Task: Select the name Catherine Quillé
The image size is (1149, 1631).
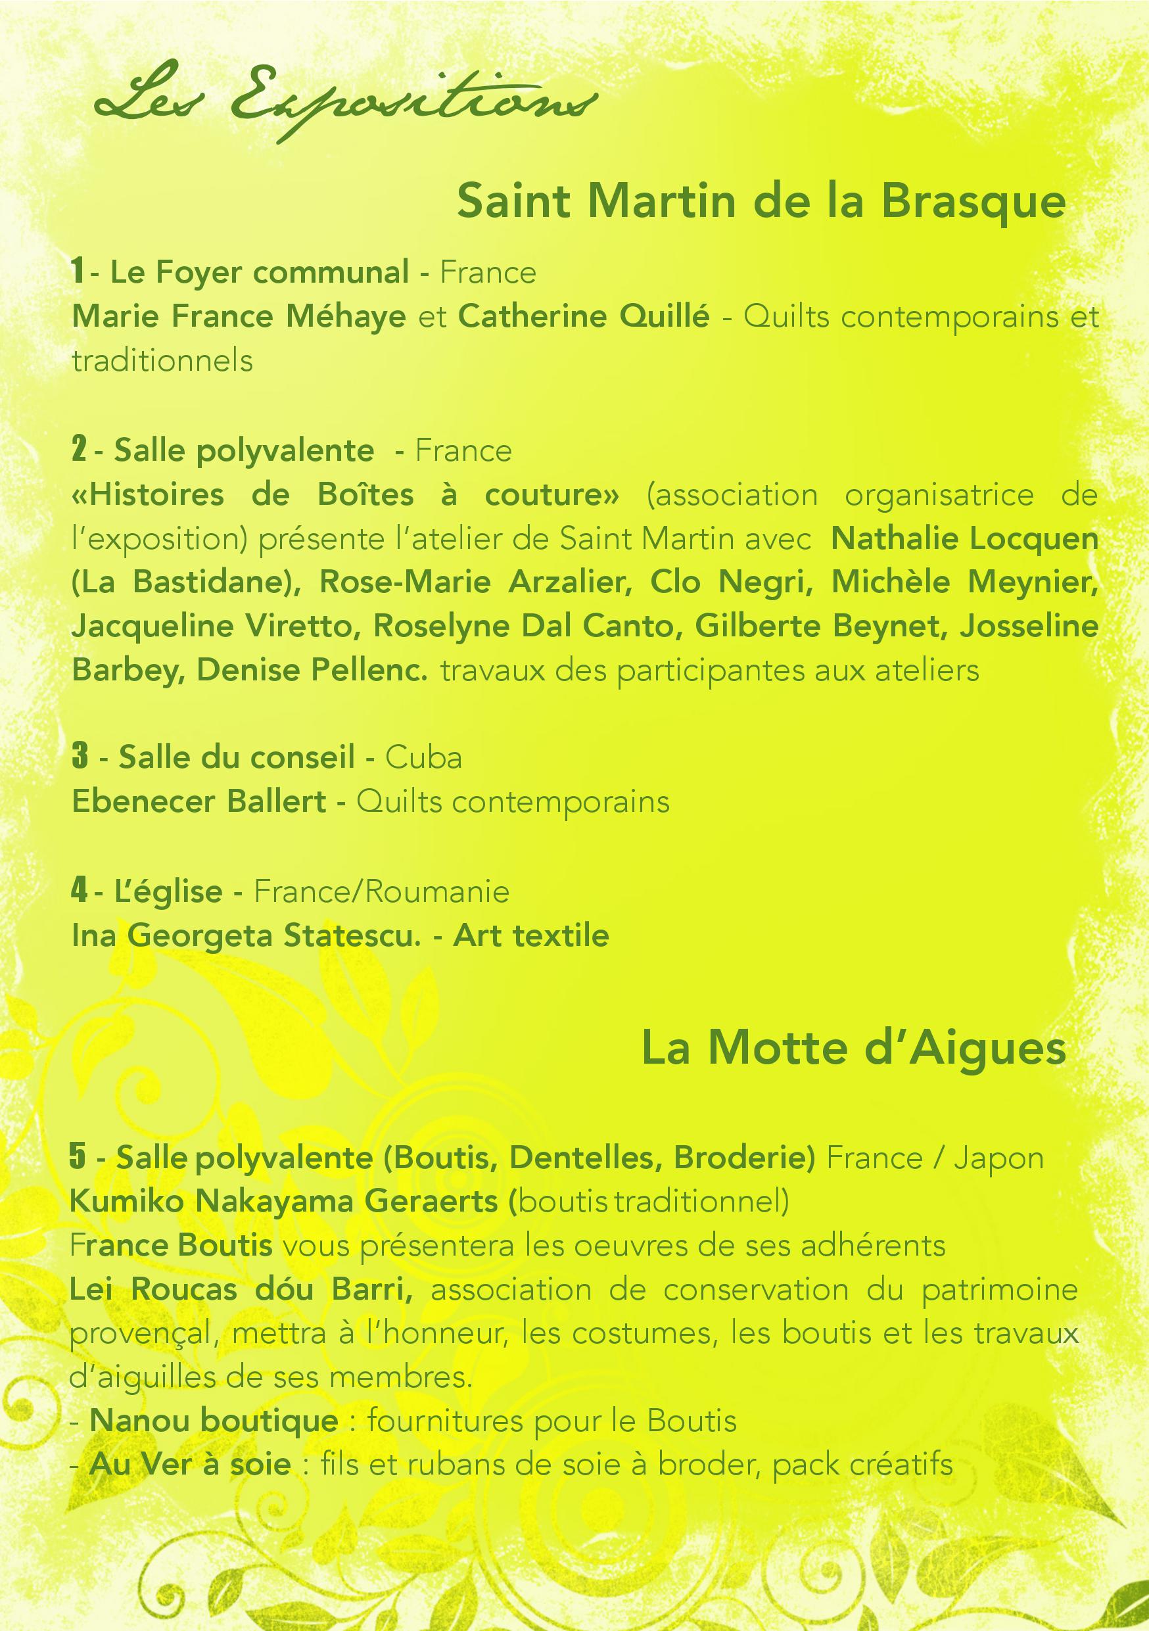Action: pos(583,317)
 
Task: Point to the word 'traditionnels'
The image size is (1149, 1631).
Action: pos(162,361)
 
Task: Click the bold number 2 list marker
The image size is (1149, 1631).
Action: pos(79,450)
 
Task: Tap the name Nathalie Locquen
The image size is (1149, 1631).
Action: pos(964,538)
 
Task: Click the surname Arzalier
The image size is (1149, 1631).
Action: pos(571,582)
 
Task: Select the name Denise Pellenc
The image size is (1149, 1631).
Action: pos(312,671)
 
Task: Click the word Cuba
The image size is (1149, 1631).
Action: pos(423,758)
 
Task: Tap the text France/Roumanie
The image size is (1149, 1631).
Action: pos(381,891)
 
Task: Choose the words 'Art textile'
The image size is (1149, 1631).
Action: pos(530,935)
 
